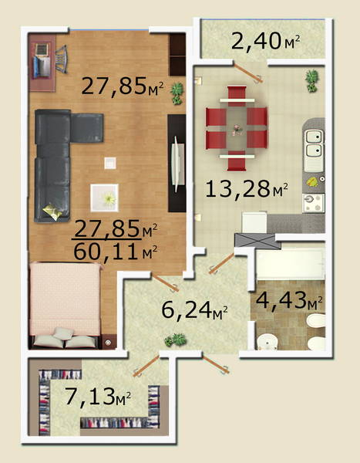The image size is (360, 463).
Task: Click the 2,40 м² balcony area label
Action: [x=266, y=42]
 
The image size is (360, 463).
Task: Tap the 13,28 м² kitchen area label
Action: [x=247, y=189]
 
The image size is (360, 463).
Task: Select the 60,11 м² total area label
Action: [x=115, y=252]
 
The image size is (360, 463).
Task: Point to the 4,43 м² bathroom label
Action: [x=288, y=301]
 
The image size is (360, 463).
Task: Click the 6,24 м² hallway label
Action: [x=195, y=309]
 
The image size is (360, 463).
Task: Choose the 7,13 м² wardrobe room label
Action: [x=98, y=397]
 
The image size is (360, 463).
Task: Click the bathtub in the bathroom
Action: [x=291, y=264]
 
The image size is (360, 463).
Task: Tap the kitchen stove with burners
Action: [x=313, y=203]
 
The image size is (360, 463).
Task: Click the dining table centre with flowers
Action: [x=237, y=130]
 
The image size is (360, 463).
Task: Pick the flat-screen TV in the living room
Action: [x=177, y=164]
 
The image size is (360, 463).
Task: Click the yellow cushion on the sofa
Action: [x=52, y=211]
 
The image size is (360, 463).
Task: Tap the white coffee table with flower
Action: [x=105, y=198]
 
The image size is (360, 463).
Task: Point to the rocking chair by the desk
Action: [x=62, y=59]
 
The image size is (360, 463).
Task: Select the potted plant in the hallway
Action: [x=176, y=340]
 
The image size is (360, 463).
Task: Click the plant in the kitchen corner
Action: [x=311, y=80]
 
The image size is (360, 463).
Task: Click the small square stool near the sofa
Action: [x=110, y=163]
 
